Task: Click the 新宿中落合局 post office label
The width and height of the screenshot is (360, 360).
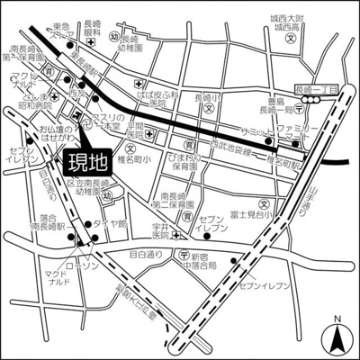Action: click(203, 261)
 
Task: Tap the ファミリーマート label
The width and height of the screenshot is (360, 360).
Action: click(290, 136)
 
